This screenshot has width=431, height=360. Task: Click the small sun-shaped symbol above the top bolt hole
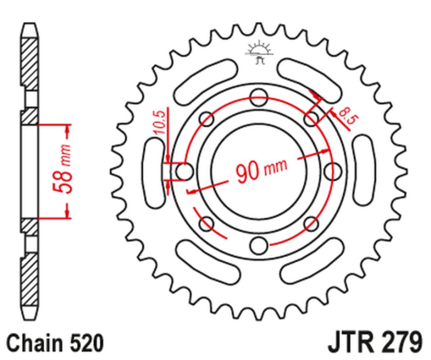coord(259,52)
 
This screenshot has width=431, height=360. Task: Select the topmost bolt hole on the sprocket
coord(259,91)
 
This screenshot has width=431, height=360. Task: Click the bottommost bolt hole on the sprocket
coord(259,244)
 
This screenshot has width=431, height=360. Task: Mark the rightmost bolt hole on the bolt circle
coord(334,172)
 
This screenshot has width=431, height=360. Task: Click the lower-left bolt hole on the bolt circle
coord(206,223)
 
